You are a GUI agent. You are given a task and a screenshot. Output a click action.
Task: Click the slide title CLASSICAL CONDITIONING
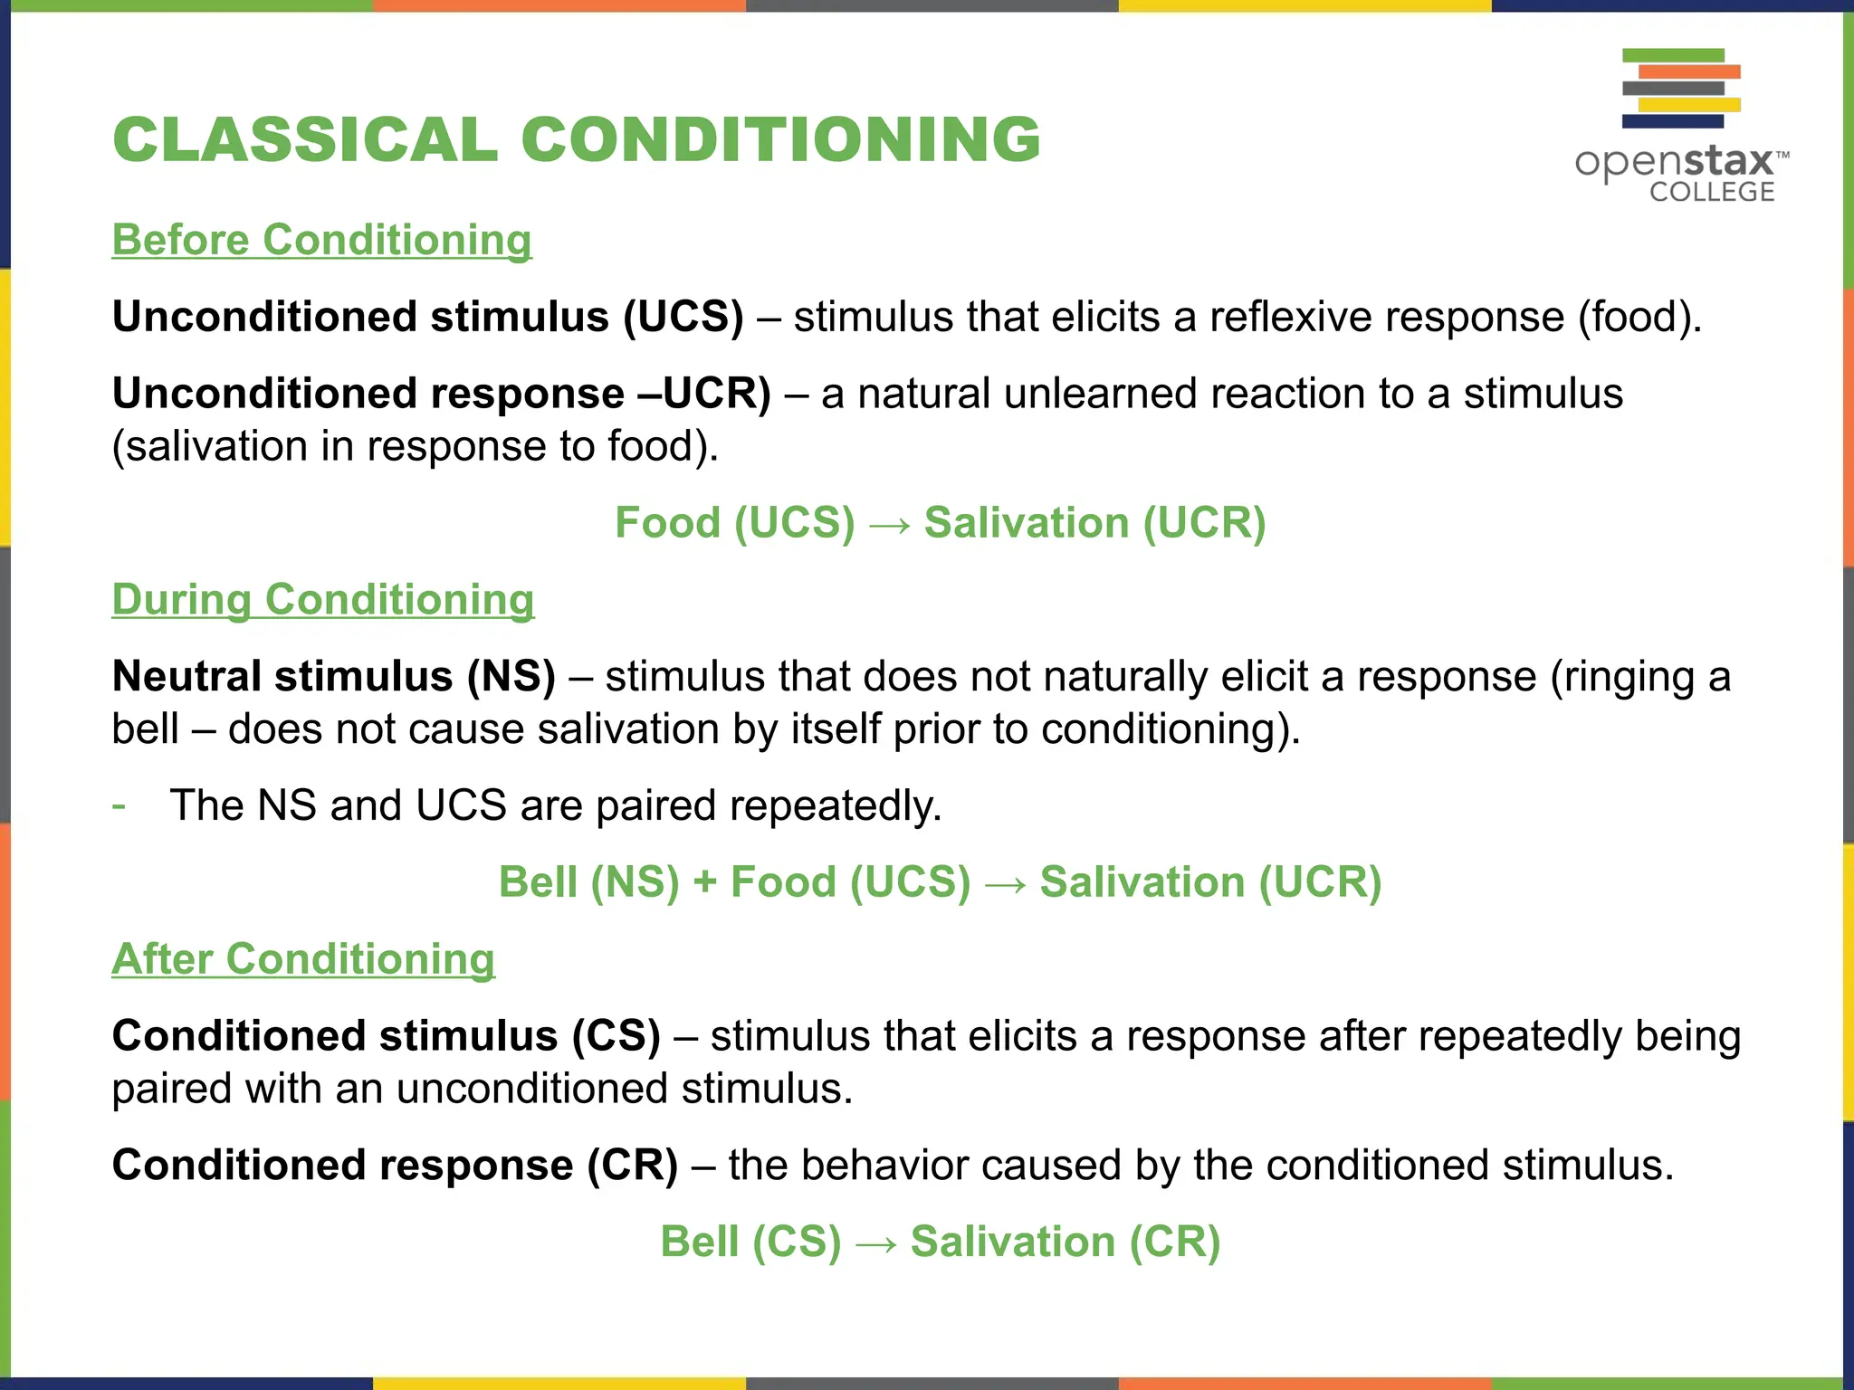pos(577,140)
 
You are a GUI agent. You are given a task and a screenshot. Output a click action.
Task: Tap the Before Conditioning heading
pos(321,240)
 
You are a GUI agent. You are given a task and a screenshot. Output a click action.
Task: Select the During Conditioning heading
pos(322,599)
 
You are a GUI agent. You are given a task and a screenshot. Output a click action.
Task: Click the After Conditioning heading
pos(303,958)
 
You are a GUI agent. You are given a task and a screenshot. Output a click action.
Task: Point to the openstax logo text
pos(1675,162)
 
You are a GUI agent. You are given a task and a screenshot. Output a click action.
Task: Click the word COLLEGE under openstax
pos(1711,192)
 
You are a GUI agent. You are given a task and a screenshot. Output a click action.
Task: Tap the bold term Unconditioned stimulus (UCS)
pos(427,317)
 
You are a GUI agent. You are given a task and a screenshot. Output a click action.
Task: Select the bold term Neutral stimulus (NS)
pos(333,676)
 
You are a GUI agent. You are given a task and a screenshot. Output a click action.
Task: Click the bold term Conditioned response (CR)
pos(395,1165)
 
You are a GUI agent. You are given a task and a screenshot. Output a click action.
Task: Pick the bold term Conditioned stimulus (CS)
pos(386,1035)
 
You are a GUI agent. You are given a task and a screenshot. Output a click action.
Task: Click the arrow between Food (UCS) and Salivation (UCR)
pos(889,524)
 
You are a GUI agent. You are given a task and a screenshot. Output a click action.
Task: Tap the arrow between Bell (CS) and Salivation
pos(876,1243)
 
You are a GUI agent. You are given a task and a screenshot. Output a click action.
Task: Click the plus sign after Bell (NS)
pos(704,882)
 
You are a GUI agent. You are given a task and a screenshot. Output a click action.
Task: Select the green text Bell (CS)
pos(750,1242)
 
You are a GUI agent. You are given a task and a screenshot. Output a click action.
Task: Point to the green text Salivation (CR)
pos(1065,1242)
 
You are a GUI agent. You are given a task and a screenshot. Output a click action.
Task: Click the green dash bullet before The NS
pos(119,804)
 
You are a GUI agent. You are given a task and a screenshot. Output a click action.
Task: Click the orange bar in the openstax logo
pos(1689,71)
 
